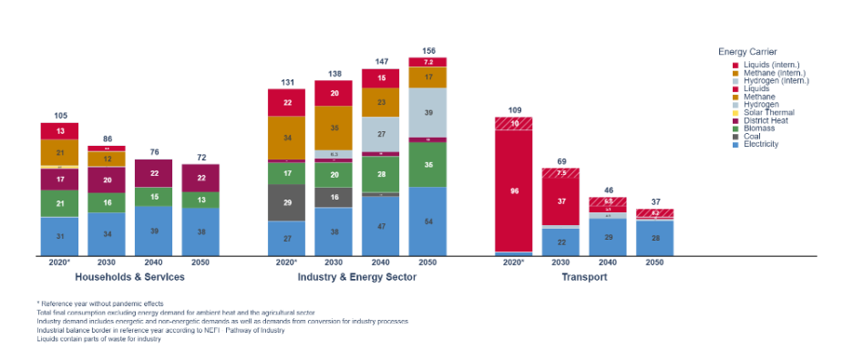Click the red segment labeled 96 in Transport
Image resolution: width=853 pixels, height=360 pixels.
coord(513,191)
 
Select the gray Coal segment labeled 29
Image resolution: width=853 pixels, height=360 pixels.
coord(286,202)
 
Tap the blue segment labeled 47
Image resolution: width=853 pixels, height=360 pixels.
coord(381,225)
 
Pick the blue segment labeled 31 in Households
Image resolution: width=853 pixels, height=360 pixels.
coord(59,236)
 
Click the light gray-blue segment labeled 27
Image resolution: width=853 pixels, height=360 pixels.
coord(381,134)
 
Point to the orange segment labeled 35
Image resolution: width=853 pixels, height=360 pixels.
coord(334,129)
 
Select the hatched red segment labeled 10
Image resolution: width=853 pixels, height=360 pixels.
coord(513,123)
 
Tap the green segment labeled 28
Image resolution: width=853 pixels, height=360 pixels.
coord(381,174)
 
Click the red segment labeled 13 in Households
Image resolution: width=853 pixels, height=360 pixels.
coord(59,130)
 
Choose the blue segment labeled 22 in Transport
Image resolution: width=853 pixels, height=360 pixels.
coord(560,242)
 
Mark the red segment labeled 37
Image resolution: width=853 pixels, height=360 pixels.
coord(560,201)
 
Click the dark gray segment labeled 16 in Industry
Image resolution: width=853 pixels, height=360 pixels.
coord(334,197)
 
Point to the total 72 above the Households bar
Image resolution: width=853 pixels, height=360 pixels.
coord(200,158)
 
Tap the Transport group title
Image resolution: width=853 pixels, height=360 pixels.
coord(584,276)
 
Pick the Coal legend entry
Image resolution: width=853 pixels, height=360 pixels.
coord(753,136)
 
